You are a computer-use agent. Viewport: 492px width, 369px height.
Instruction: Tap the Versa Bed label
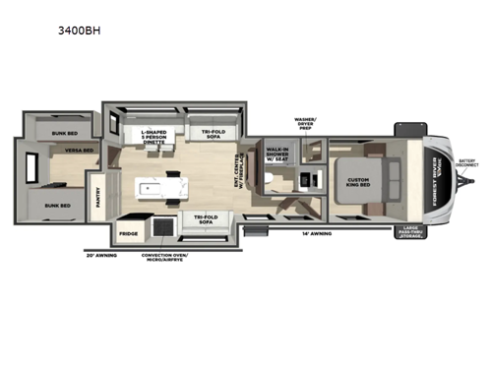coord(51,151)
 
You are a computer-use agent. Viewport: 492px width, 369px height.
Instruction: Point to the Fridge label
coord(128,234)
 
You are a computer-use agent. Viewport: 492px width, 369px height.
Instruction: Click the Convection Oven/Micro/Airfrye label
coord(164,260)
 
